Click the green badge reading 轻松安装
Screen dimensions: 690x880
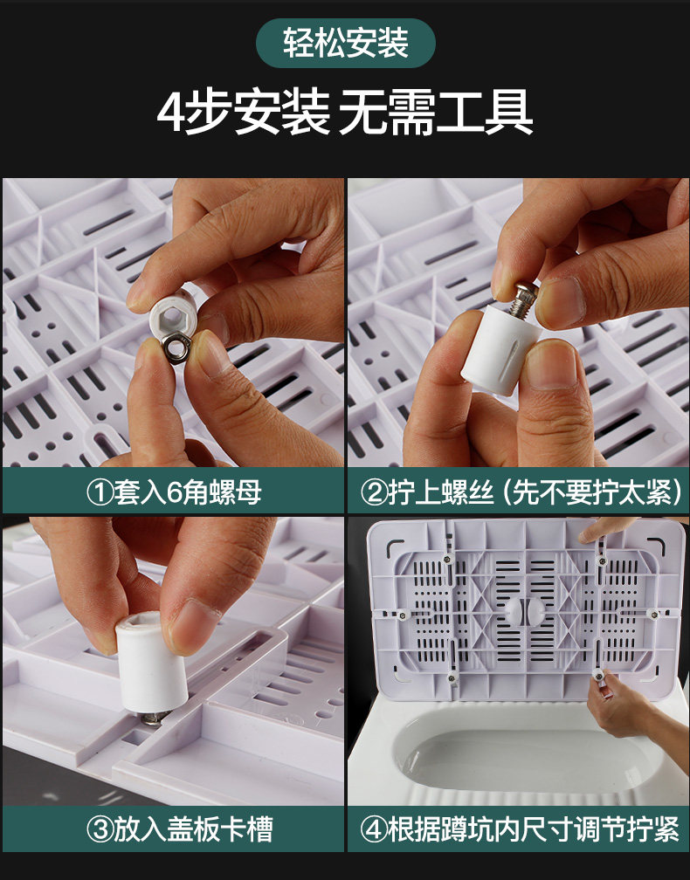click(x=345, y=44)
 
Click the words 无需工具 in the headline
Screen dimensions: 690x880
click(x=436, y=112)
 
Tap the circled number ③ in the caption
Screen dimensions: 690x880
click(x=100, y=829)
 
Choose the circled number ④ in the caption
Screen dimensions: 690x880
click(x=374, y=829)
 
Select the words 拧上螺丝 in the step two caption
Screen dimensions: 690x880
click(x=440, y=492)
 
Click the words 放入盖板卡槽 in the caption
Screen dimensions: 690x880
click(x=194, y=829)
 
